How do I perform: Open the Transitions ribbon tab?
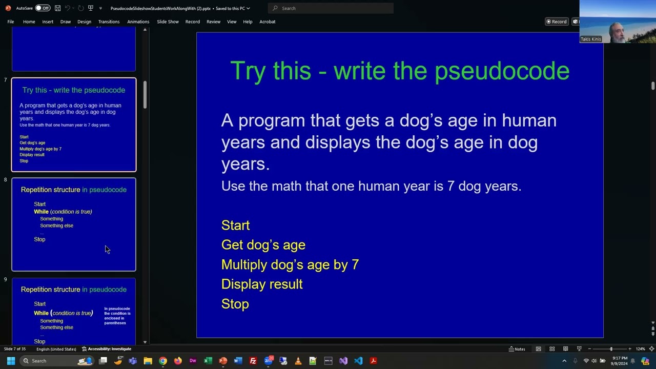[109, 22]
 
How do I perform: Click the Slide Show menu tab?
[168, 22]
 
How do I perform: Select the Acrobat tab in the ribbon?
[267, 22]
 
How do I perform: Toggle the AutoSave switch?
[43, 8]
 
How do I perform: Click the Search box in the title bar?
[331, 8]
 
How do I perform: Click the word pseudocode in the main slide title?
[502, 71]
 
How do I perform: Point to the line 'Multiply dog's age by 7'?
[290, 264]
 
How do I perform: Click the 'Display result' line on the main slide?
[262, 284]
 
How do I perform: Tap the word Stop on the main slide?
[235, 304]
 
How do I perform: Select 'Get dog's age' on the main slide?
[263, 245]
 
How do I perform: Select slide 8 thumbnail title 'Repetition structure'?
[50, 190]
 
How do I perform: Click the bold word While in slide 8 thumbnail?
[41, 212]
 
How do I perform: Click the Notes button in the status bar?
[517, 349]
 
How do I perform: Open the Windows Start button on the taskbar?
[11, 361]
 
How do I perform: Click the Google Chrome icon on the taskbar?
[162, 361]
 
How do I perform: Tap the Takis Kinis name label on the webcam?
[590, 39]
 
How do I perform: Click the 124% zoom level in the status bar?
[640, 349]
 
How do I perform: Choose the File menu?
[11, 22]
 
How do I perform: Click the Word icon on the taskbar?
[238, 361]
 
